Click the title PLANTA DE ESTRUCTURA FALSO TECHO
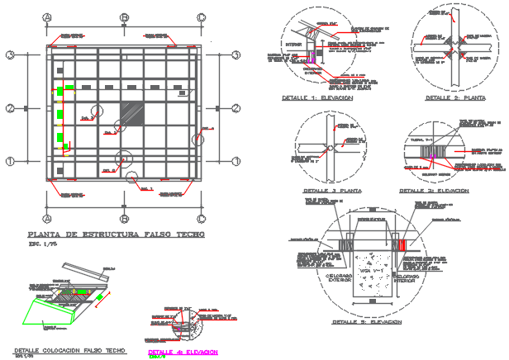point(116,234)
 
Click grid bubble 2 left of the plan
point(11,107)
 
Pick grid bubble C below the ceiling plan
point(200,219)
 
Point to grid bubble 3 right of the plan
point(235,55)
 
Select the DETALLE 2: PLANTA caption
point(454,97)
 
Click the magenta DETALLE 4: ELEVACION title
point(182,351)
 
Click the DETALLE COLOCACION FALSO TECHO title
point(64,350)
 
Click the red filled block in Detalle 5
point(402,247)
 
